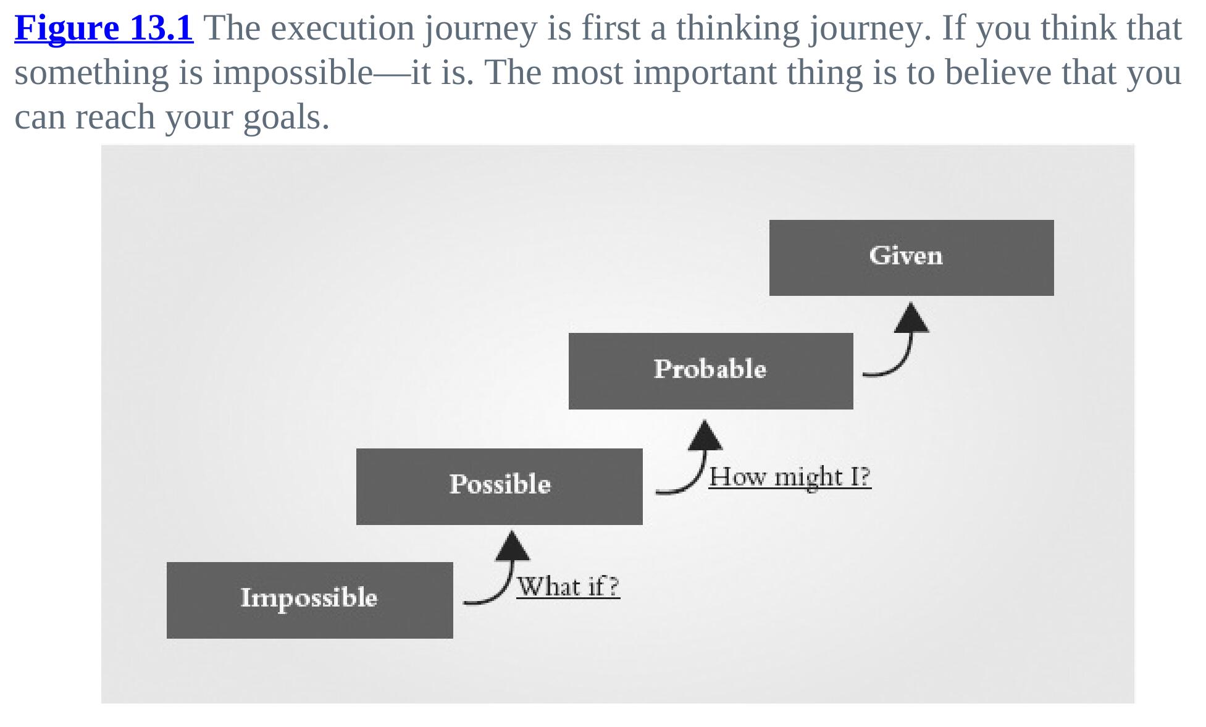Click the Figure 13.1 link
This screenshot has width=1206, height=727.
104,28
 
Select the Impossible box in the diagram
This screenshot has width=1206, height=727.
310,600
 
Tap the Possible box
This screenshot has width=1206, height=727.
500,487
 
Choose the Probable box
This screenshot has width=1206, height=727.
711,371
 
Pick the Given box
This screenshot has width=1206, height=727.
911,258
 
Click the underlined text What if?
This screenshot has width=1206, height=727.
568,586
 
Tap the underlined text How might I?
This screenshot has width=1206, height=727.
790,476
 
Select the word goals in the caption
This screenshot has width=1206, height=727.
287,117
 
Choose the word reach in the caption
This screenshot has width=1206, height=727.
114,117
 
